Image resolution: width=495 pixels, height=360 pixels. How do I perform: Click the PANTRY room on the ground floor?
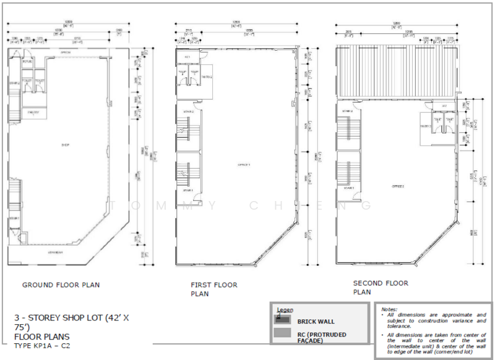click(x=33, y=112)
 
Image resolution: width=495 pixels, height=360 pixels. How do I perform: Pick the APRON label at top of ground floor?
click(x=65, y=53)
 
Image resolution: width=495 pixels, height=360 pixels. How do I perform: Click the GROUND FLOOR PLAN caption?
click(x=61, y=285)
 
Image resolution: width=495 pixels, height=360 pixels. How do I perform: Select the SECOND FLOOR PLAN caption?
click(x=380, y=287)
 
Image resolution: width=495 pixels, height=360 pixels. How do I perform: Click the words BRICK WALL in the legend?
click(x=316, y=322)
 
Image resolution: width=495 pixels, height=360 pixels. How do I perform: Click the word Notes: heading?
click(x=389, y=309)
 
